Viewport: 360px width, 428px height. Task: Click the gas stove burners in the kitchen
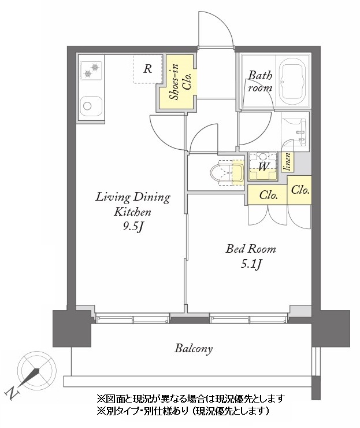91,71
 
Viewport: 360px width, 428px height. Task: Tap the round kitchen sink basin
87,106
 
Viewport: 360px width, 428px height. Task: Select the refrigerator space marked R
147,69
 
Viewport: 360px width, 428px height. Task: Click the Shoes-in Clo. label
180,82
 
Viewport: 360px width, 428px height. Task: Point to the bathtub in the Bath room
293,82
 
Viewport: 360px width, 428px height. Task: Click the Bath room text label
260,82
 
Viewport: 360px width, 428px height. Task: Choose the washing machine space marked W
263,166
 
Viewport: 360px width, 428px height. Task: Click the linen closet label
288,162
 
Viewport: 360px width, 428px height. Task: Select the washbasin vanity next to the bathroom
296,132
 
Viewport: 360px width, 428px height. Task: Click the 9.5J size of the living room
133,227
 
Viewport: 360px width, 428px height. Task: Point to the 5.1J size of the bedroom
251,264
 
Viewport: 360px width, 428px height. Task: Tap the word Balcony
194,349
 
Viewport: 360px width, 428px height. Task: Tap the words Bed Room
251,249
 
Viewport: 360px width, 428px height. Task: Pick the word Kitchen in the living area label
132,212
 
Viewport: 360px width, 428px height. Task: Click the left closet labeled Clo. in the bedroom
268,195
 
